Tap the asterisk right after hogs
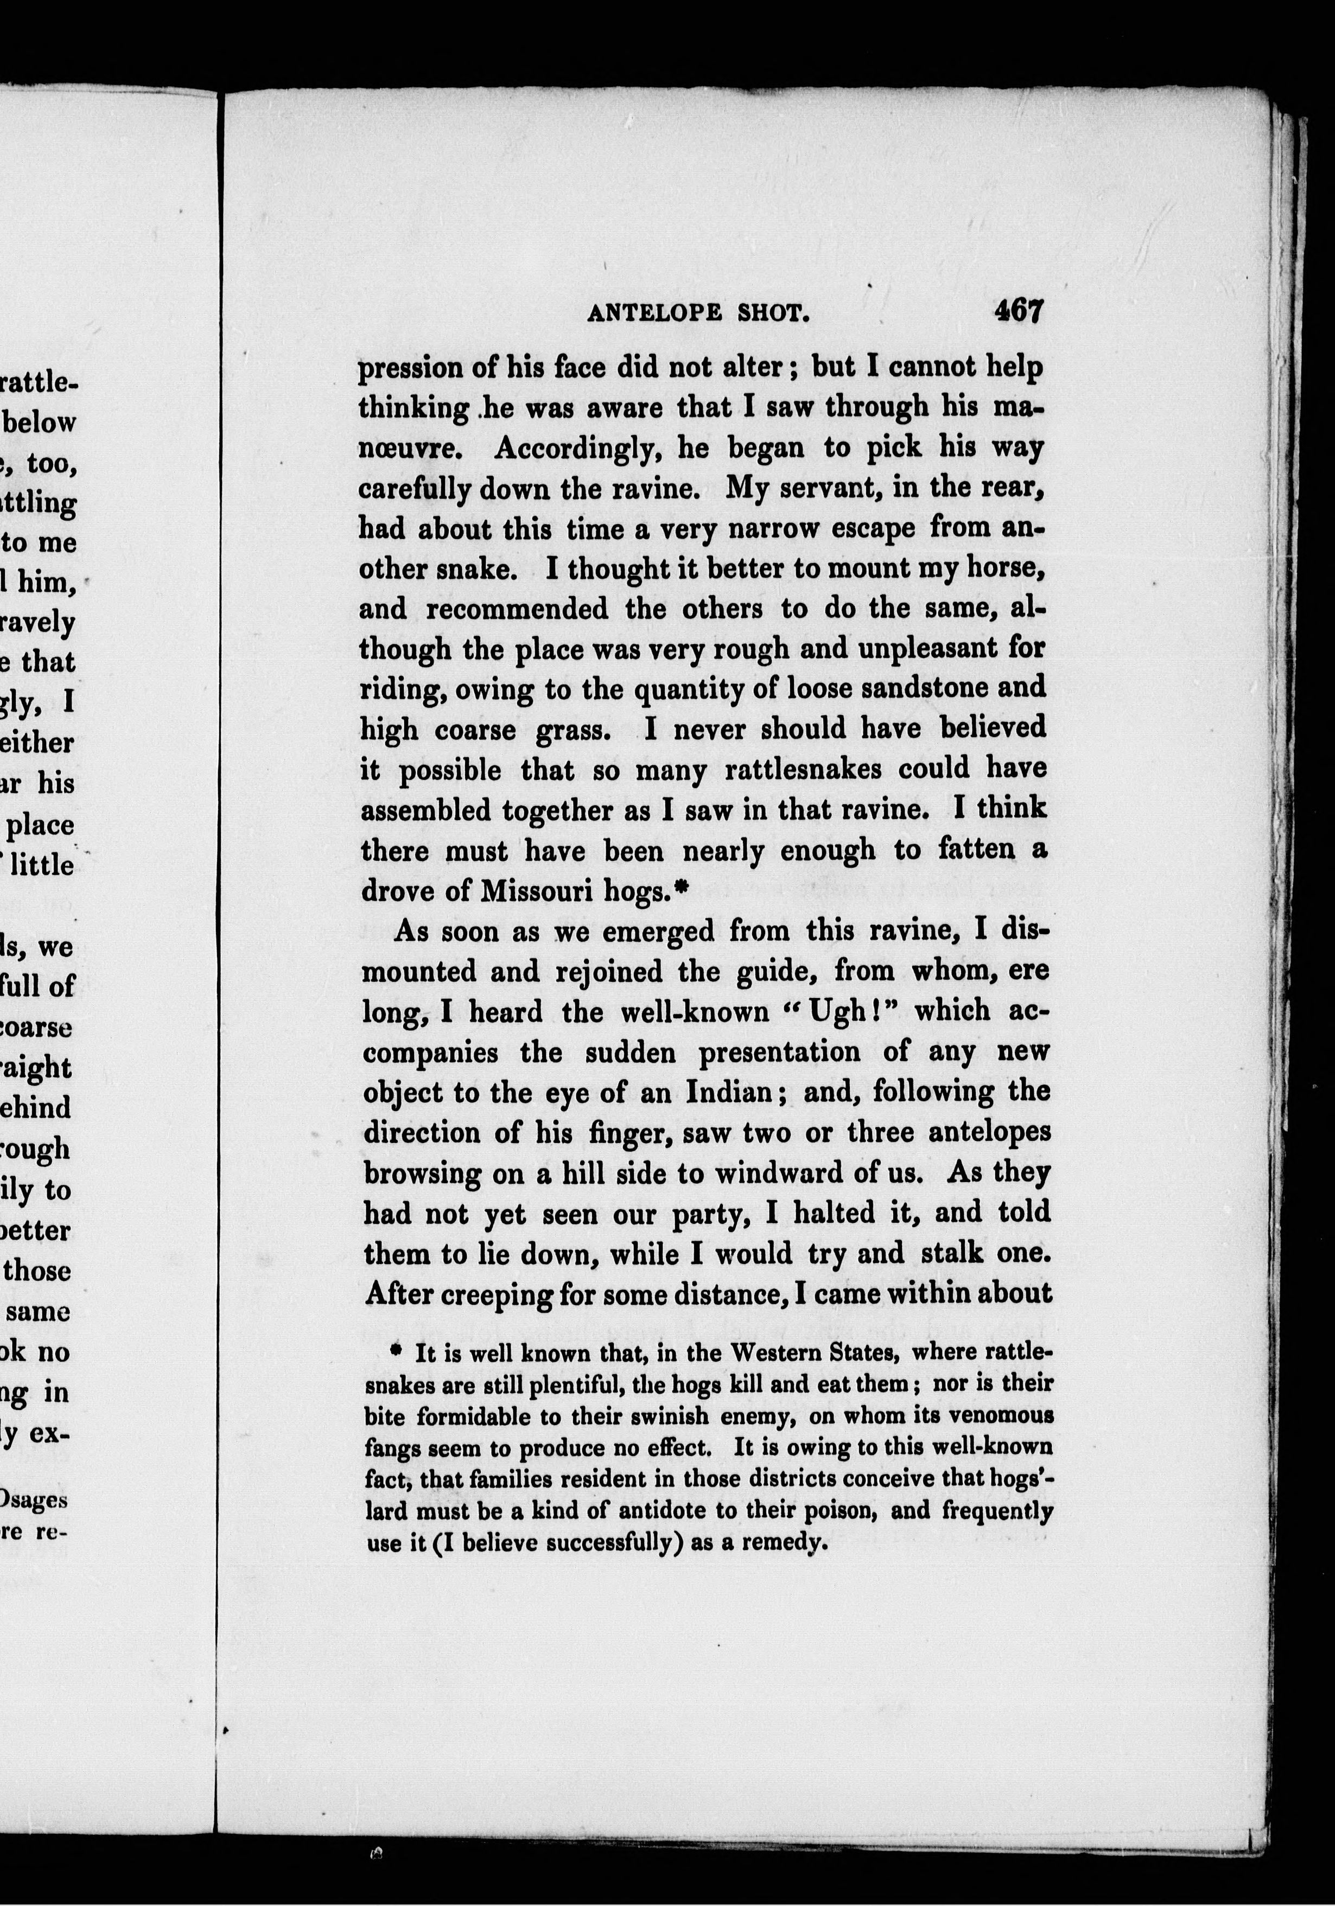coord(683,887)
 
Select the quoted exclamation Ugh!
coord(849,1012)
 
